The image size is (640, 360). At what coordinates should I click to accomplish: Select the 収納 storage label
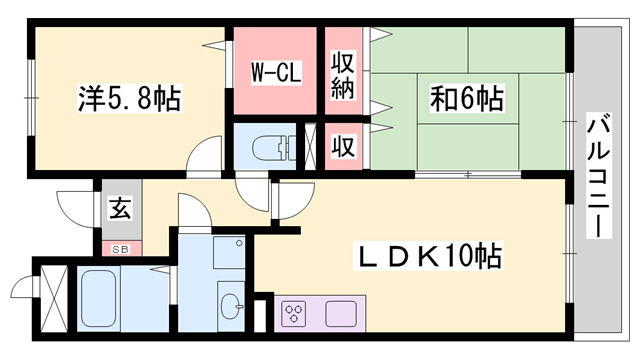pyautogui.click(x=343, y=72)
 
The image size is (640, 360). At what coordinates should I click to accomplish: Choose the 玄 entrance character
pyautogui.click(x=119, y=210)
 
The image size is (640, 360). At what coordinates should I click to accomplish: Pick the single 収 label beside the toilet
pyautogui.click(x=343, y=147)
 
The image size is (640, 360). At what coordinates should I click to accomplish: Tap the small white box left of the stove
pyautogui.click(x=261, y=313)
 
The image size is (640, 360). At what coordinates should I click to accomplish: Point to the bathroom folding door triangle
pyautogui.click(x=161, y=267)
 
